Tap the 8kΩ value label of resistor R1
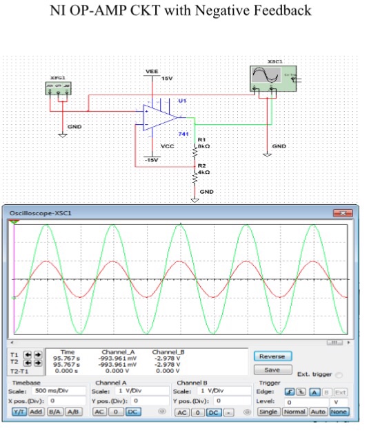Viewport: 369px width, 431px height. tap(203, 146)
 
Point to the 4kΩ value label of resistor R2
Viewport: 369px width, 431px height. tap(203, 172)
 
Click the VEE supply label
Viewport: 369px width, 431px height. tap(151, 71)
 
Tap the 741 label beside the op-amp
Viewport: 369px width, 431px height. tap(184, 133)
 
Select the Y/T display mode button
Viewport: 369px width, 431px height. tap(19, 412)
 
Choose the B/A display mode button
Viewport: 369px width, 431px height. tap(54, 412)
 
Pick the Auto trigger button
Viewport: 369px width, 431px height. tap(318, 412)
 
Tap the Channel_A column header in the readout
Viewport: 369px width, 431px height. tap(118, 352)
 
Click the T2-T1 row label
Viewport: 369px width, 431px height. tap(17, 370)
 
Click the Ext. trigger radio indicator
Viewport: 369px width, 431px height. tap(339, 375)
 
